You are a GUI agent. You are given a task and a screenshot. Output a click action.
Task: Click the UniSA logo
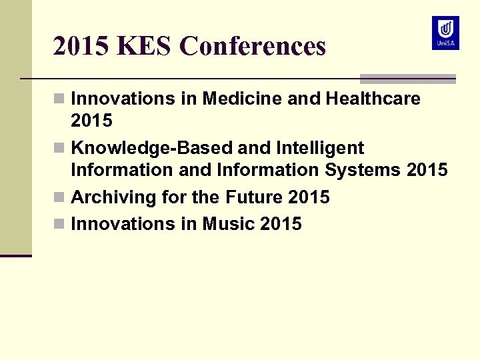[x=445, y=33]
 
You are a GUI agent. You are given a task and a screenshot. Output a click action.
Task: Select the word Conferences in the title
[x=253, y=46]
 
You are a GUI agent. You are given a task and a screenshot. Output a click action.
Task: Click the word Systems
[x=363, y=170]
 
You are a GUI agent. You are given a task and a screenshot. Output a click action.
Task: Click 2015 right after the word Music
[x=281, y=224]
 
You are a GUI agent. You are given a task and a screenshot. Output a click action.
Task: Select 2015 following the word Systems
[x=427, y=170]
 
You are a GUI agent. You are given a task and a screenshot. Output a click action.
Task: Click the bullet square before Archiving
[x=60, y=198]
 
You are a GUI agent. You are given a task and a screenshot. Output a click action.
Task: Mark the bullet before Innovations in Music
[x=60, y=225]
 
